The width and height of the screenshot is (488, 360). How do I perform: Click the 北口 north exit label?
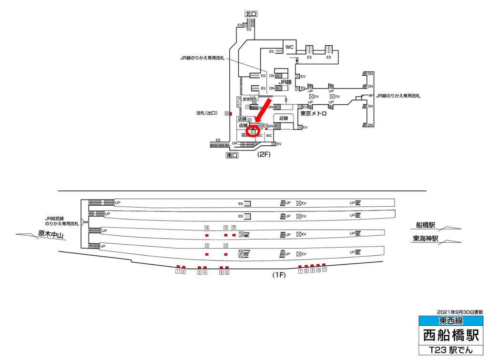[251, 14]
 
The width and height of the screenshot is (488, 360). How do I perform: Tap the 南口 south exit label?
[233, 155]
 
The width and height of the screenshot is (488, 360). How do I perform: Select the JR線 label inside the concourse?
[284, 83]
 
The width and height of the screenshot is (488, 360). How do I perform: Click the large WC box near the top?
[289, 47]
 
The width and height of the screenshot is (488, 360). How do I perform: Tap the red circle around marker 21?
[253, 130]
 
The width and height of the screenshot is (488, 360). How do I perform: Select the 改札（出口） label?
[206, 113]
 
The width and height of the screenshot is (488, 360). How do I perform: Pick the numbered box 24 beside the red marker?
[227, 113]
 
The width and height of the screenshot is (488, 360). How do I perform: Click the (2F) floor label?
[264, 154]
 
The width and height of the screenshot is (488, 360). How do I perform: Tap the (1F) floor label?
[278, 275]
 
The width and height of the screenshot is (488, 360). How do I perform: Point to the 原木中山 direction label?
[51, 234]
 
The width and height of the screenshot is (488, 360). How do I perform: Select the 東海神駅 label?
[426, 239]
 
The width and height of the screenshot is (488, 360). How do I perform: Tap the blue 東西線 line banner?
[450, 320]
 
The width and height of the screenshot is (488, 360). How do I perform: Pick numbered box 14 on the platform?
[207, 228]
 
